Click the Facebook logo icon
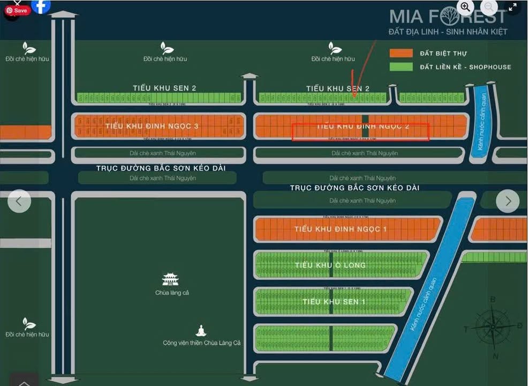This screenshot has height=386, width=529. [41, 6]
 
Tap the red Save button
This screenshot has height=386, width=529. [18, 10]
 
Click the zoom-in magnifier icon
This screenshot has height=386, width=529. [465, 7]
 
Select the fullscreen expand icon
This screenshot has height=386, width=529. [512, 7]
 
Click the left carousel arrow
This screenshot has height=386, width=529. [19, 201]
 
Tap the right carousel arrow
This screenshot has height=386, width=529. [508, 201]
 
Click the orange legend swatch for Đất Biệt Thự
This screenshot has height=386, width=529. [401, 53]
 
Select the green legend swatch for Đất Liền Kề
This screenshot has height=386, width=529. [401, 67]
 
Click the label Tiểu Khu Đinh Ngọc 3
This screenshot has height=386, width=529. [152, 126]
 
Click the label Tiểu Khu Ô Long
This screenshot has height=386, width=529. [330, 265]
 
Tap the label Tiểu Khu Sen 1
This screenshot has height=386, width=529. [334, 302]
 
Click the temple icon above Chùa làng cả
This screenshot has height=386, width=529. [170, 279]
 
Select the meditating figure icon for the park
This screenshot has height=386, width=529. [201, 331]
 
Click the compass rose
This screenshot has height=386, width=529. [493, 326]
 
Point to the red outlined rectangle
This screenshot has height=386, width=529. [360, 132]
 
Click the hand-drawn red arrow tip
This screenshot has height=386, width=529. [355, 95]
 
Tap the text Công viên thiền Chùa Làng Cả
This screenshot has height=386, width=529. [202, 343]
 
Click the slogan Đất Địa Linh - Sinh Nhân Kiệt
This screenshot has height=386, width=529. [448, 32]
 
